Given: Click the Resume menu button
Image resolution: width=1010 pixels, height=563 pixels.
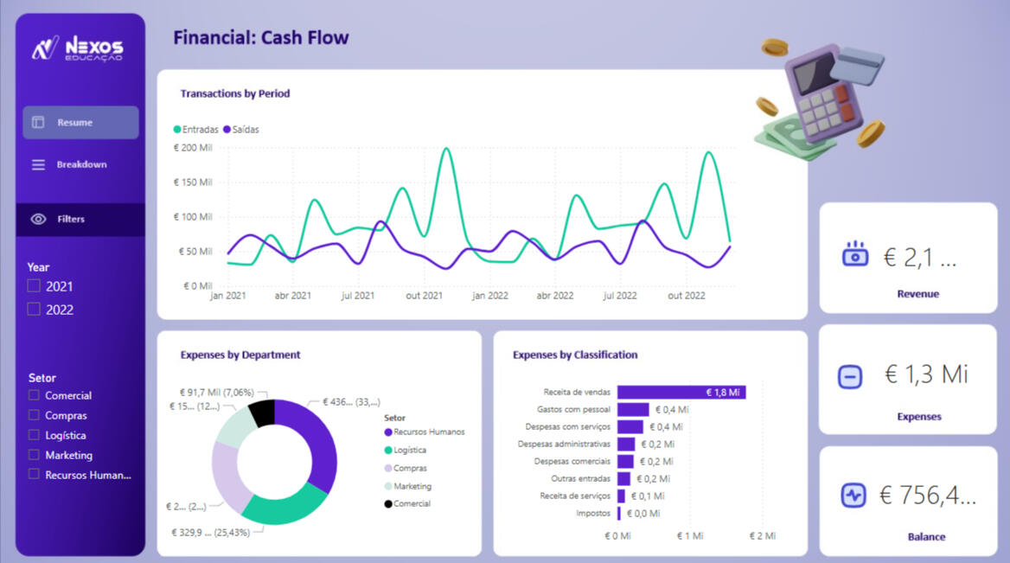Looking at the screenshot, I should point(80,123).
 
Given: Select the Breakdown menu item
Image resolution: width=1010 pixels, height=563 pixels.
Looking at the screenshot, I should point(80,164).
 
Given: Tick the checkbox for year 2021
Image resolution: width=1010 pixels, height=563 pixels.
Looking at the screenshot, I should point(34,286).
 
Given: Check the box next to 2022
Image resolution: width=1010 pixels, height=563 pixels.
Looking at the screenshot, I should point(34,310).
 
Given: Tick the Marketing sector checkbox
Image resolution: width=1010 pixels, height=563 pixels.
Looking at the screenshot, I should point(34,455).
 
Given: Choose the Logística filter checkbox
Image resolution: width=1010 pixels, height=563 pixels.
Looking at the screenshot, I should point(34,435).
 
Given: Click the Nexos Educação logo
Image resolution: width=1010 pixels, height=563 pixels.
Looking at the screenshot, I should point(78,48).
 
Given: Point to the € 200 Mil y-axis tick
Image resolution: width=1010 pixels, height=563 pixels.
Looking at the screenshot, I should point(192,148).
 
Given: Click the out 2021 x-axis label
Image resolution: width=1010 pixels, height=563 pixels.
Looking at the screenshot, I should point(424,296).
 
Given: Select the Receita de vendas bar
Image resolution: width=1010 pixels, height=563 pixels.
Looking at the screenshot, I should point(681,392).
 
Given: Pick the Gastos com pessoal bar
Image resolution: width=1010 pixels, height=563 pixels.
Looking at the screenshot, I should point(632,410).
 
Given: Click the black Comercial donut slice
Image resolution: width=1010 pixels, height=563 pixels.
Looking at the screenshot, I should point(262,413).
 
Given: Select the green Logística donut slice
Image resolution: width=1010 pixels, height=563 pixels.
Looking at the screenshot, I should point(281,505).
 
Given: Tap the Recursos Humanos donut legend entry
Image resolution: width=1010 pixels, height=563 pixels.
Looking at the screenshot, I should point(428,432).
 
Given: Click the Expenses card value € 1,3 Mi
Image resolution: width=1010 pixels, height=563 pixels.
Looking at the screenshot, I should point(926,374).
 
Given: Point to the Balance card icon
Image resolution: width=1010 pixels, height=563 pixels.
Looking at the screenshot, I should point(853,496).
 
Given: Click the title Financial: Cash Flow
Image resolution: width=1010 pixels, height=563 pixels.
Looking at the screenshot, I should point(261,38).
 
